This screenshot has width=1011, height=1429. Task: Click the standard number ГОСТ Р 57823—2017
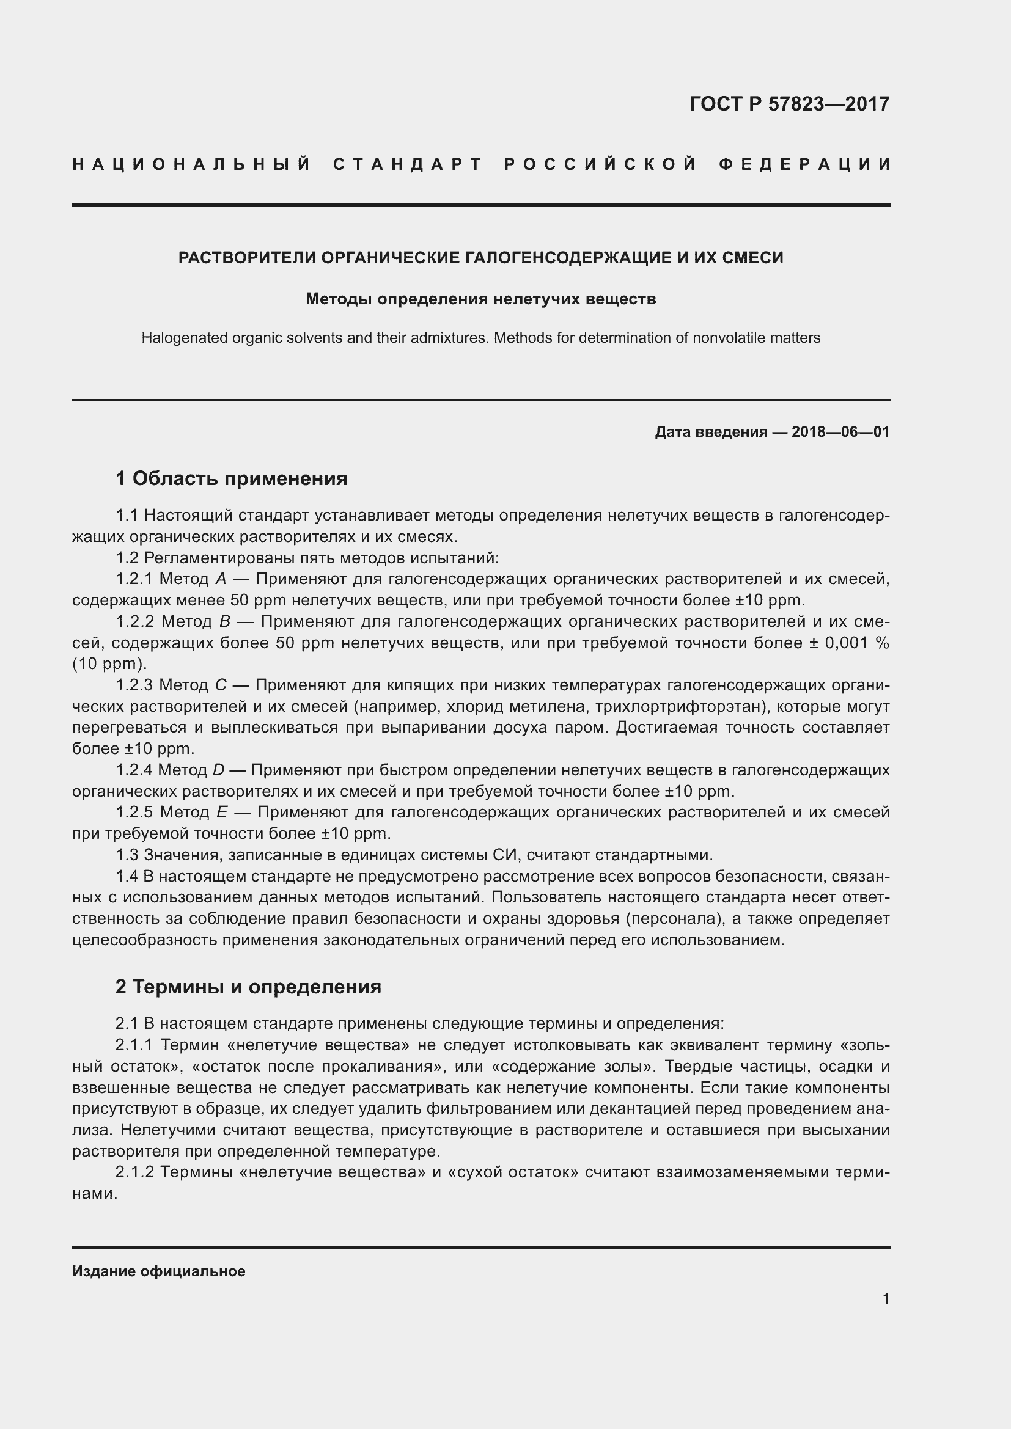pyautogui.click(x=789, y=104)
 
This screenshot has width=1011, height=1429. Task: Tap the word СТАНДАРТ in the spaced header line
pyautogui.click(x=408, y=165)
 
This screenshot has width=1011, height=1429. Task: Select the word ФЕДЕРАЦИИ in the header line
pyautogui.click(x=805, y=165)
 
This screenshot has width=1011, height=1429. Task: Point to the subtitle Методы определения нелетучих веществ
pyautogui.click(x=480, y=299)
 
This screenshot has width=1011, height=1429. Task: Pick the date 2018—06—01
pyautogui.click(x=840, y=432)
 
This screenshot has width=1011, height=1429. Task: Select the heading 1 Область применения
pyautogui.click(x=231, y=478)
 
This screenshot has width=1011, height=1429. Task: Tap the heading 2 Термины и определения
pyautogui.click(x=248, y=987)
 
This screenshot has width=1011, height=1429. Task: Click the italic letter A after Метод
pyautogui.click(x=221, y=579)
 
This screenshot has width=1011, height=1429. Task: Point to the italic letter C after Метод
pyautogui.click(x=221, y=685)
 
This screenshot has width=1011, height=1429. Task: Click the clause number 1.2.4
pyautogui.click(x=134, y=770)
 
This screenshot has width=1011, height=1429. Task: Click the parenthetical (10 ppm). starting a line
pyautogui.click(x=109, y=664)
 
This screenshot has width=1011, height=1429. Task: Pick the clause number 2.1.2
pyautogui.click(x=134, y=1172)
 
